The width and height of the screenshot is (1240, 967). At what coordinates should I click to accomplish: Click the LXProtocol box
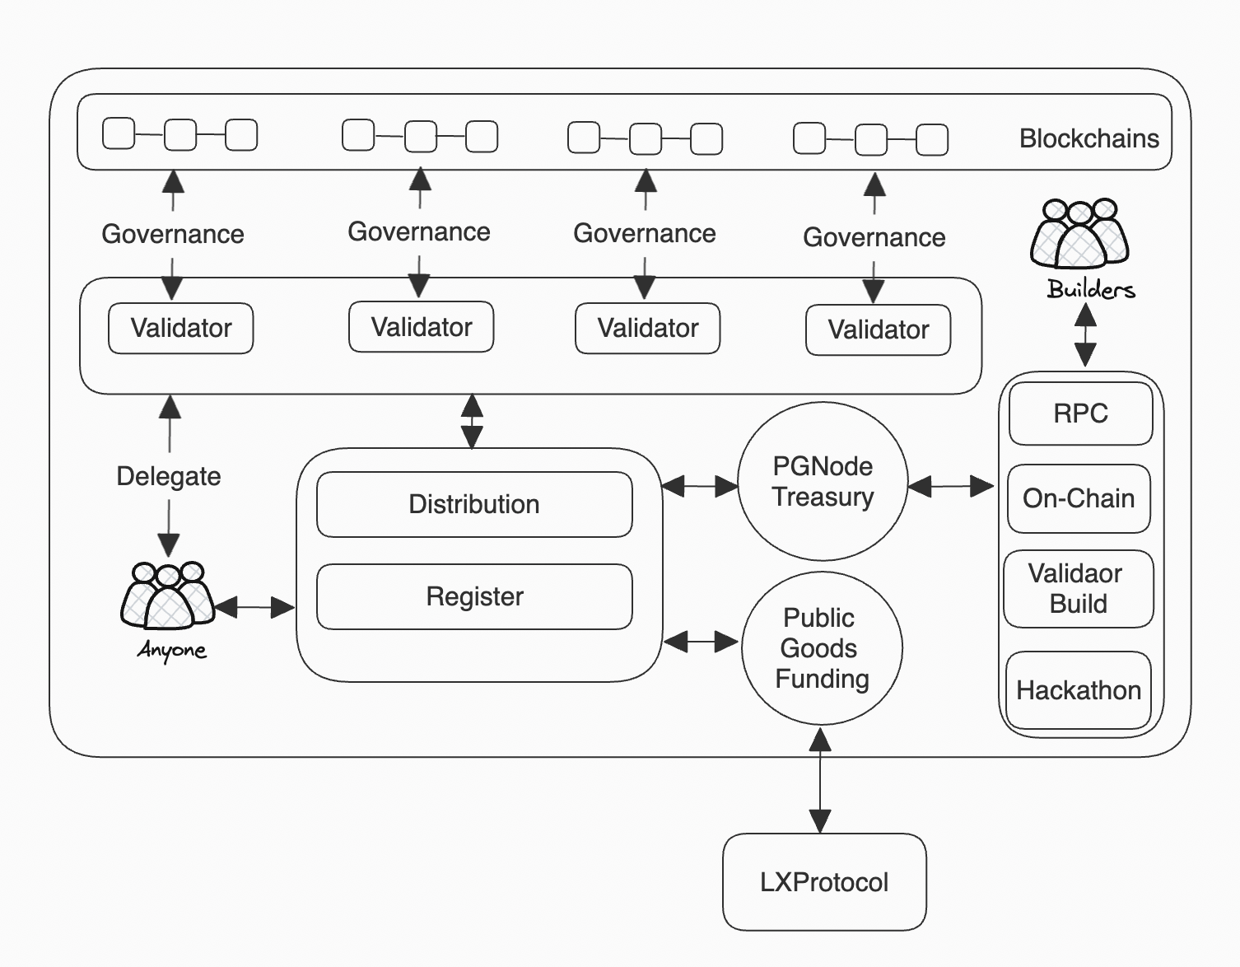click(824, 881)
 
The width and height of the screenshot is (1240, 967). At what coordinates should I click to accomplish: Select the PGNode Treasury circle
click(823, 482)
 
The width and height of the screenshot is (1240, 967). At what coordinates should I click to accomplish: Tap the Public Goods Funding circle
click(821, 648)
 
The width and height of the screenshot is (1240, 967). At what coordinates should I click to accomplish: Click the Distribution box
click(474, 504)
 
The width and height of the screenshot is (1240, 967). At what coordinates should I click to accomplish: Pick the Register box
click(474, 596)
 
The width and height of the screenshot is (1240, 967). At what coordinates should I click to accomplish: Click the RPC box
click(1080, 413)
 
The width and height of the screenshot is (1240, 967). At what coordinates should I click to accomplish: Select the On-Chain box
click(1079, 498)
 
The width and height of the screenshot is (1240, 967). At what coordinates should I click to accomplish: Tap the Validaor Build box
click(1078, 588)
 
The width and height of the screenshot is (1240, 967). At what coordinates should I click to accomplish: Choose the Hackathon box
click(1078, 690)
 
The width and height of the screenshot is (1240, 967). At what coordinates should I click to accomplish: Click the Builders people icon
click(1079, 235)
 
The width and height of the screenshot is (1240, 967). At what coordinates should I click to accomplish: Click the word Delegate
click(169, 476)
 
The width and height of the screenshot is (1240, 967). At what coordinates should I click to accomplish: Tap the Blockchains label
click(1088, 138)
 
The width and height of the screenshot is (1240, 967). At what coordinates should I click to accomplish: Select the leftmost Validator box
click(181, 328)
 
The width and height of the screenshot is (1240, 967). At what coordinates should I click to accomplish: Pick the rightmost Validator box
click(878, 329)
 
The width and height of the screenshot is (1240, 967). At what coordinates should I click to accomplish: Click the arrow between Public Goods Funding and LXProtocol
click(820, 781)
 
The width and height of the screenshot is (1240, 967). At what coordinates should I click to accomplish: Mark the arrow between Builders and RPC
click(1085, 335)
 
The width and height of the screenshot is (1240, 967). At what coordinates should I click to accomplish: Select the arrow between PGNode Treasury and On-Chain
click(951, 487)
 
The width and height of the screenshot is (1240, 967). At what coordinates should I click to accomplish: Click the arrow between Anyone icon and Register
click(254, 608)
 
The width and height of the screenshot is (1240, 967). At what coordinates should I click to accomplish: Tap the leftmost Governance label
click(173, 234)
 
